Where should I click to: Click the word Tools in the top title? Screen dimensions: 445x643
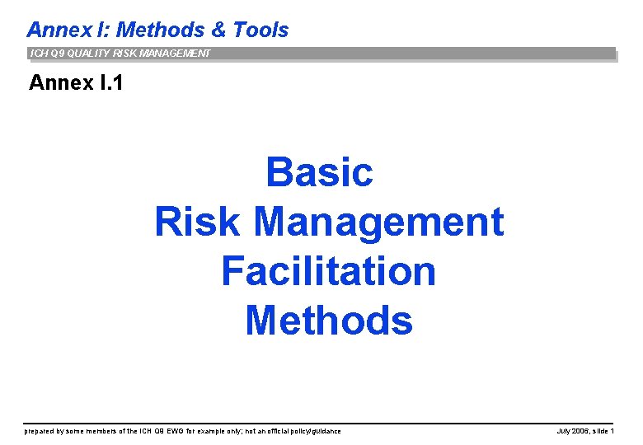coord(260,30)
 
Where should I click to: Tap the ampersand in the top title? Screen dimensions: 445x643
coord(218,30)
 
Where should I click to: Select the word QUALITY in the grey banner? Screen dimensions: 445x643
coord(86,54)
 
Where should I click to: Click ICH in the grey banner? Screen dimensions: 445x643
coord(38,54)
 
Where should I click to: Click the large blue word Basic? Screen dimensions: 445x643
coord(320,172)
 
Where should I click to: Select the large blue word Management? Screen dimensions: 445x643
coord(378,222)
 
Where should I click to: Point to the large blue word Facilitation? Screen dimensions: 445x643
coord(328,271)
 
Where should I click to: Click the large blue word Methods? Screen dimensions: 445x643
coord(328,321)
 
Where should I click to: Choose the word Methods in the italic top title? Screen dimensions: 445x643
coord(160,30)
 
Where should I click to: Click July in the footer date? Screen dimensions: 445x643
coord(565,431)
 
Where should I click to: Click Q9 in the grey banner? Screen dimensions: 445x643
coord(54,54)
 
